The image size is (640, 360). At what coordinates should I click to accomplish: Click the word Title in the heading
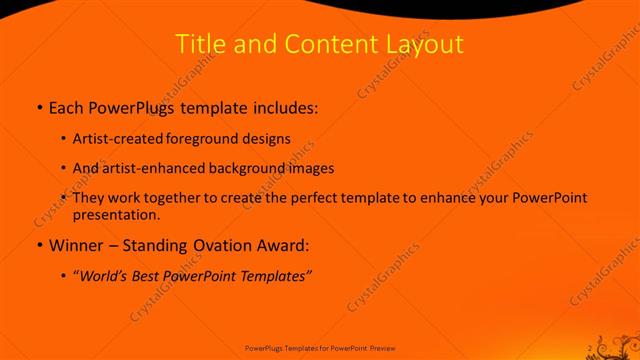tap(199, 45)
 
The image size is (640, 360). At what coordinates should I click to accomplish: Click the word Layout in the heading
tap(424, 45)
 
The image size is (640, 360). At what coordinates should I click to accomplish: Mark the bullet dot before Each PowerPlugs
tap(38, 106)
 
